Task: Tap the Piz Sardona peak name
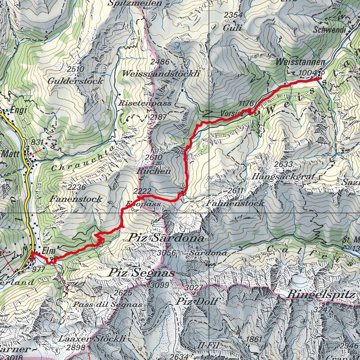pyautogui.click(x=166, y=238)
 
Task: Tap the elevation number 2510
pyautogui.click(x=75, y=69)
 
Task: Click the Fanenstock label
pyautogui.click(x=76, y=199)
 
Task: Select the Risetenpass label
pyautogui.click(x=145, y=103)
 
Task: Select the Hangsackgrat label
pyautogui.click(x=282, y=177)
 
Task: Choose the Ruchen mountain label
pyautogui.click(x=154, y=171)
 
